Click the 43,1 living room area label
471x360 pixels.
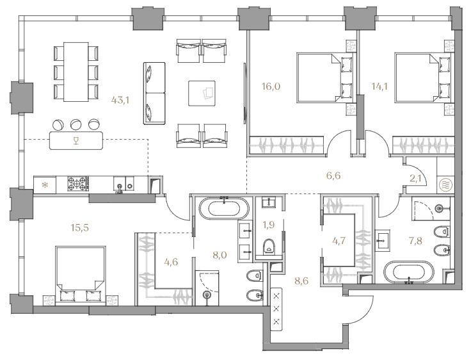click(120, 100)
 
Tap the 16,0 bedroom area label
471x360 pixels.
click(271, 86)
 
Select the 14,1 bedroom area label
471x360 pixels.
click(379, 86)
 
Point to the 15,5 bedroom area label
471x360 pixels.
click(80, 227)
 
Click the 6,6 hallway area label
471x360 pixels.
click(333, 176)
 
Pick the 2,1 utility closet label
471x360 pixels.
click(416, 179)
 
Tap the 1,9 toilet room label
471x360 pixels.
click(269, 224)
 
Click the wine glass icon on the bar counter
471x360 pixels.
click(76, 140)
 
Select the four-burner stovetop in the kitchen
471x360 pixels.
click(78, 183)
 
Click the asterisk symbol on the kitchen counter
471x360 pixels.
click(45, 184)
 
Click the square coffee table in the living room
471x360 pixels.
click(202, 94)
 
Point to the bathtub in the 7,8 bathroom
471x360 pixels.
click(410, 272)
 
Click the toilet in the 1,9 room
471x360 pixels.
click(269, 247)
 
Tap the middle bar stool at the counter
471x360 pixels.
click(76, 124)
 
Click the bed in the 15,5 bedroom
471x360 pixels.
click(81, 275)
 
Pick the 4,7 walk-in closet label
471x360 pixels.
click(339, 241)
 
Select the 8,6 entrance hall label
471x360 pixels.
click(301, 281)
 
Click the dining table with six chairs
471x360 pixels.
click(76, 72)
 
